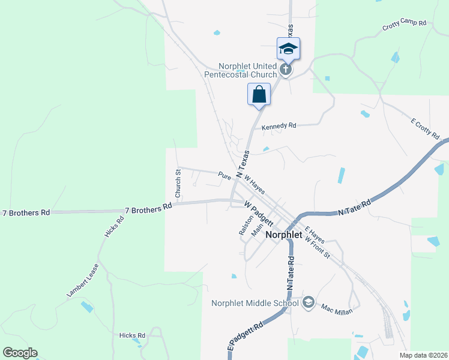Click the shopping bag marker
pyautogui.click(x=259, y=95)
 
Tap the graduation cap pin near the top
pyautogui.click(x=288, y=49)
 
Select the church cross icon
pyautogui.click(x=286, y=69)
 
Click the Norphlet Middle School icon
pyautogui.click(x=309, y=302)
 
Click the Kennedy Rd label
pyautogui.click(x=279, y=126)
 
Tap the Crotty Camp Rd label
pyautogui.click(x=404, y=26)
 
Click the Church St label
pyautogui.click(x=178, y=184)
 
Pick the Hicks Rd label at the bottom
pyautogui.click(x=132, y=335)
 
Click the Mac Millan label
pyautogui.click(x=336, y=309)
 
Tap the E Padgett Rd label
pyautogui.click(x=246, y=337)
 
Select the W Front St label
pyautogui.click(x=318, y=247)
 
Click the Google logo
pyautogui.click(x=20, y=353)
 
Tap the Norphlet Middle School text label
pyautogui.click(x=255, y=303)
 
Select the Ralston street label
pyautogui.click(x=243, y=225)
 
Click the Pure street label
pyautogui.click(x=224, y=176)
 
